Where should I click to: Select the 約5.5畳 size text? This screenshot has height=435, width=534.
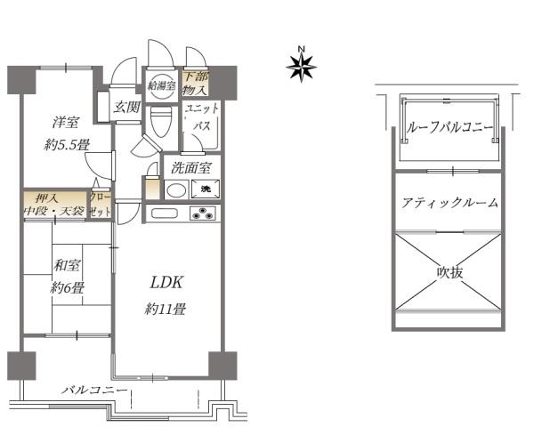point(68,145)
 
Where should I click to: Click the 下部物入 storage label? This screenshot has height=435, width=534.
point(195,84)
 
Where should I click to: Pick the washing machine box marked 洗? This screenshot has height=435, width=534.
point(205,189)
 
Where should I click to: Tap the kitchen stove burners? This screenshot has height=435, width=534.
point(204,213)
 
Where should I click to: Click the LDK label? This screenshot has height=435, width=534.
point(166,284)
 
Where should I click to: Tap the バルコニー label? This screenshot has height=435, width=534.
point(94,391)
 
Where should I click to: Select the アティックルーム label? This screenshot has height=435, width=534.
point(450,202)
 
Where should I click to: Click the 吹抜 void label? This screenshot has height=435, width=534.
point(450,271)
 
